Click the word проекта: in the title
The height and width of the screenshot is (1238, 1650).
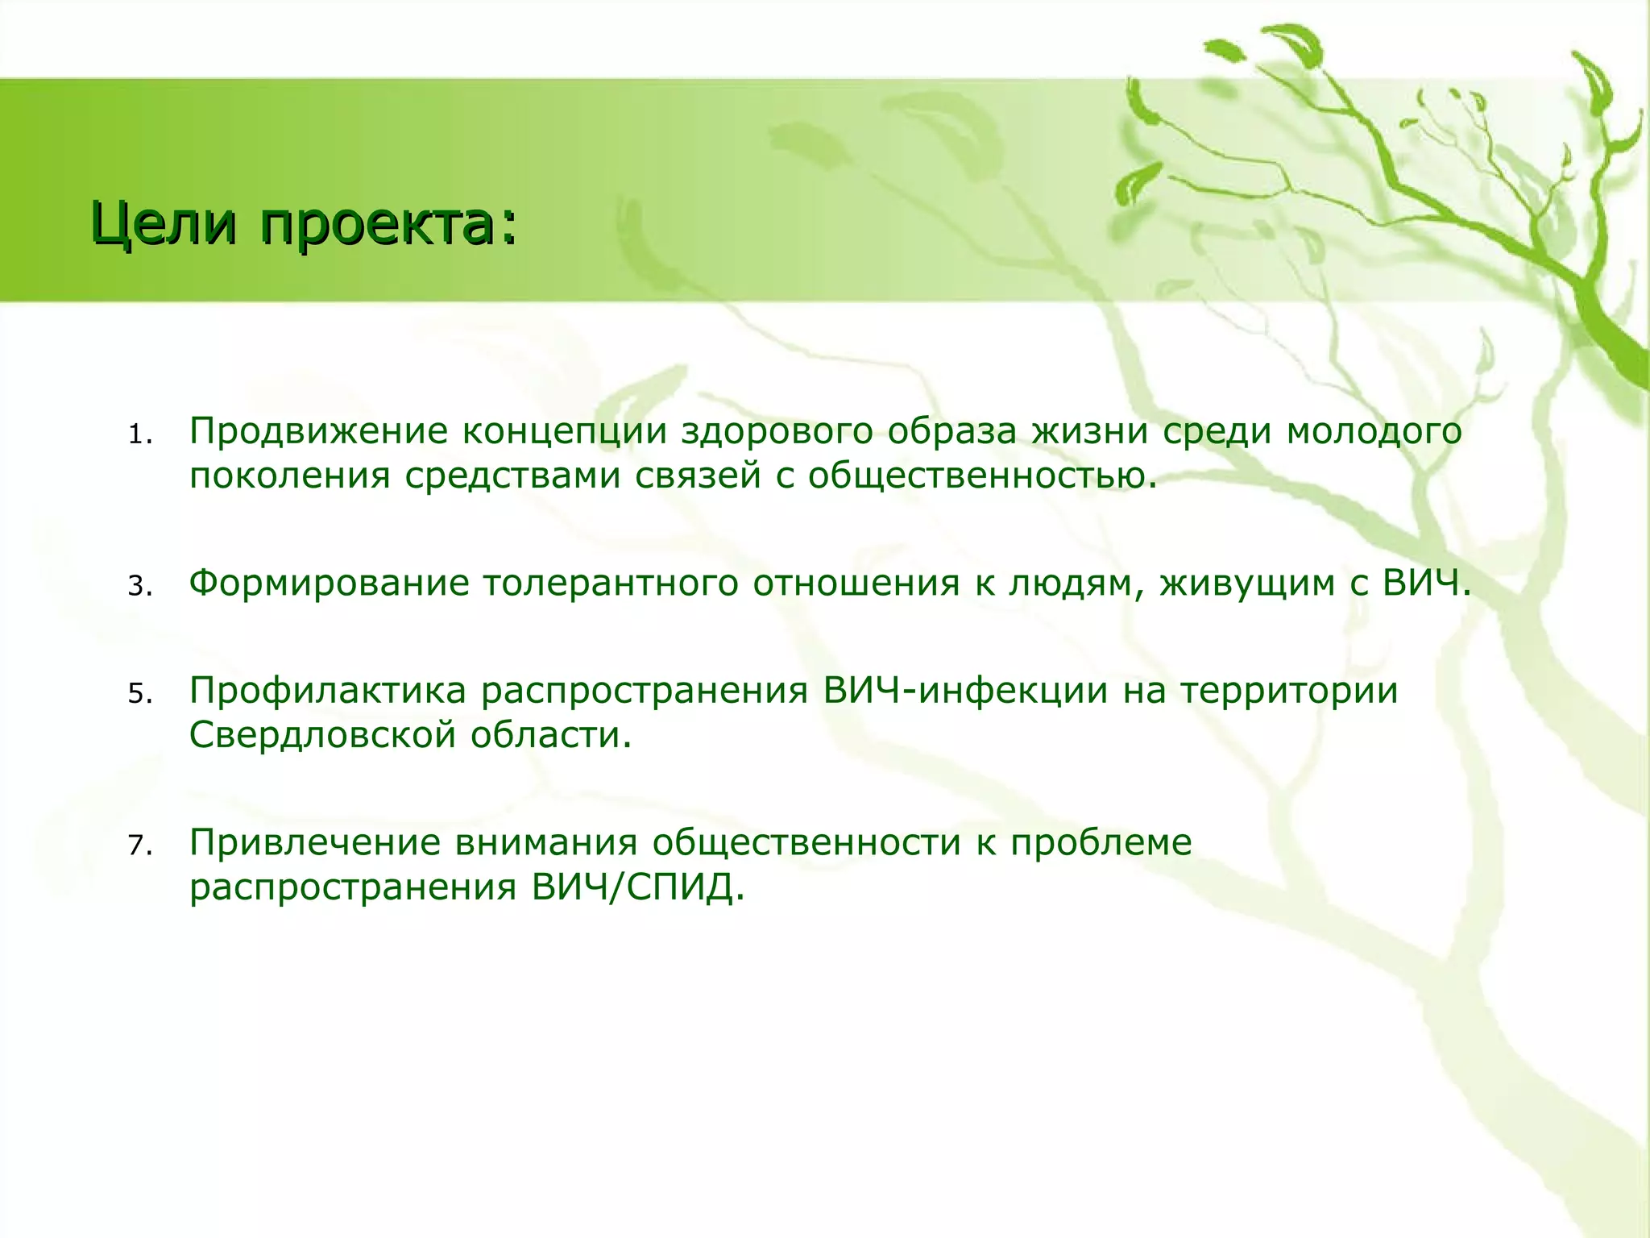pyautogui.click(x=387, y=225)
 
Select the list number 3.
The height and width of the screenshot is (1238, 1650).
pyautogui.click(x=139, y=586)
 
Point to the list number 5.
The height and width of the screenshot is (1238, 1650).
pyautogui.click(x=139, y=694)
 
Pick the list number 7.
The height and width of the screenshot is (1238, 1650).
pyautogui.click(x=139, y=845)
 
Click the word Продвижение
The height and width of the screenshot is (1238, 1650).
pyautogui.click(x=318, y=432)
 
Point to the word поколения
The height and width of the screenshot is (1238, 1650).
pyautogui.click(x=290, y=476)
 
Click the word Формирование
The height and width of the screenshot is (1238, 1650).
pyautogui.click(x=329, y=584)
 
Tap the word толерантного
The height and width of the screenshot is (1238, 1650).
pyautogui.click(x=610, y=584)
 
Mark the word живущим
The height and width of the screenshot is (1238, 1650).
pyautogui.click(x=1247, y=584)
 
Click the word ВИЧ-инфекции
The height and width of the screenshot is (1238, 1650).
pyautogui.click(x=966, y=691)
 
